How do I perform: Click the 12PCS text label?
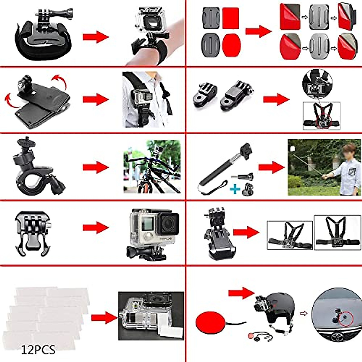pyautogui.click(x=38, y=350)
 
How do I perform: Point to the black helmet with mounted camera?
pyautogui.click(x=278, y=308)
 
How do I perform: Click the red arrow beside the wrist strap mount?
pyautogui.click(x=95, y=37)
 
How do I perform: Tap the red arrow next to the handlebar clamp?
pyautogui.click(x=95, y=167)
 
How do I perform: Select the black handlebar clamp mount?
pyautogui.click(x=38, y=169)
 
